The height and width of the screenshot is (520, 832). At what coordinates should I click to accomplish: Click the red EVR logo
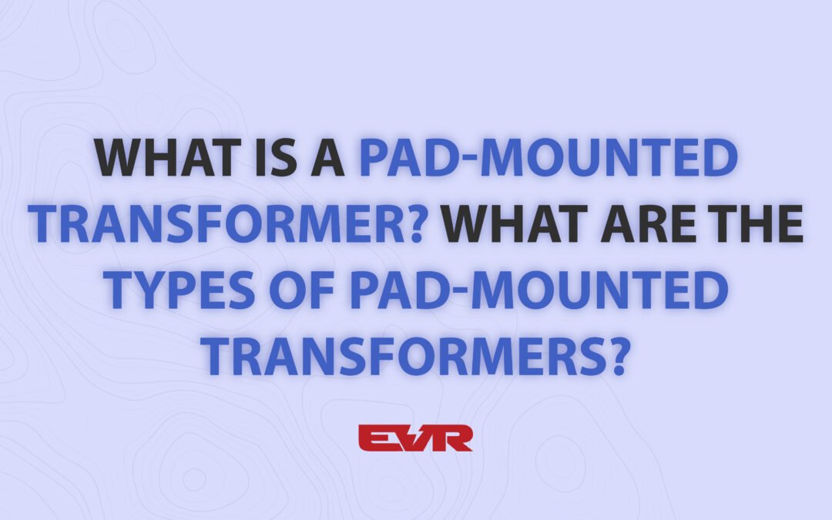coord(415,437)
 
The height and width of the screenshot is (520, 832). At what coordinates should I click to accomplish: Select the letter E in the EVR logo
coord(374,438)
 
